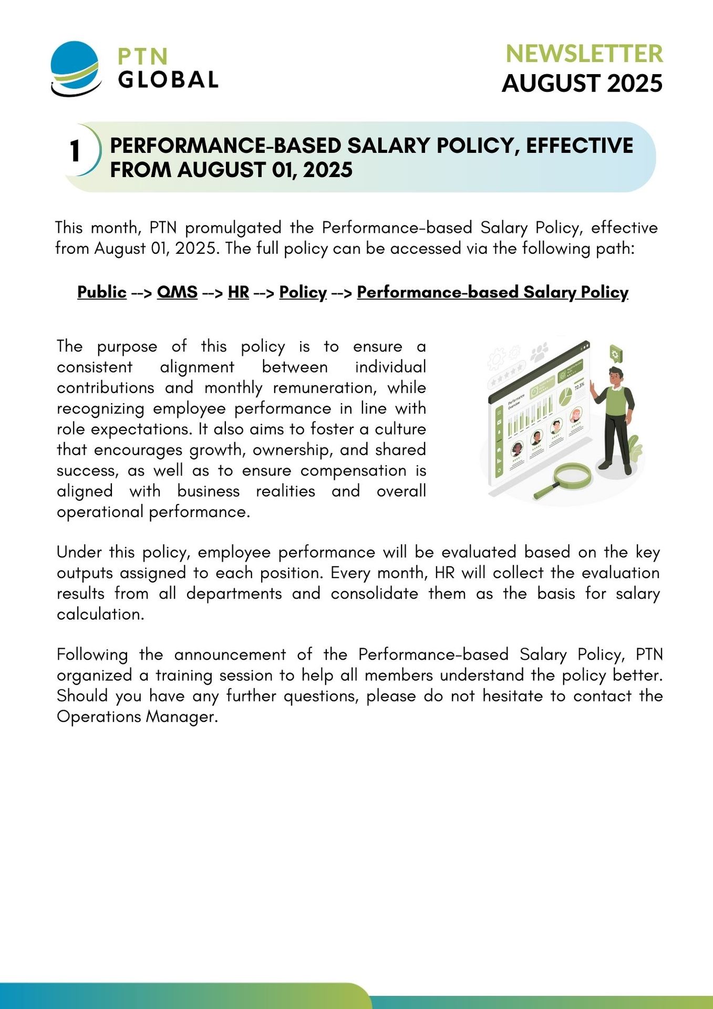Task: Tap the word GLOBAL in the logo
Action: (168, 80)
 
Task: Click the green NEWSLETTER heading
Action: (584, 54)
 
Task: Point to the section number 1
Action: (75, 151)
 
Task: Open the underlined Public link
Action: (102, 292)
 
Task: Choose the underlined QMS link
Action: (177, 292)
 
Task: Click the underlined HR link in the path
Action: (238, 292)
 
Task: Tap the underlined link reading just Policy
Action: (303, 292)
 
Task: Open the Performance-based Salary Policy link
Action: (492, 292)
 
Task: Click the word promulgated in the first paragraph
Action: (233, 228)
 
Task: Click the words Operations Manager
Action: (137, 716)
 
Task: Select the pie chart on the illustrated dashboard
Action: (565, 396)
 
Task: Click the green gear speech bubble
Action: (615, 354)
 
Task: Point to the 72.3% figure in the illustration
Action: (579, 386)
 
